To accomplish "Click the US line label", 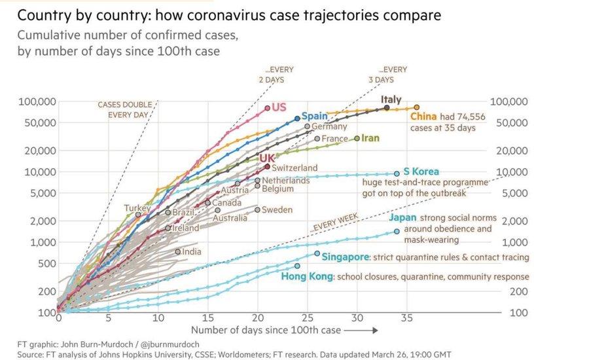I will coord(279,107).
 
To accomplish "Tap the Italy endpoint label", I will coord(391,99).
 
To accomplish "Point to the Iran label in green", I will coord(370,138).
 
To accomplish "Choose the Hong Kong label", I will coord(307,277).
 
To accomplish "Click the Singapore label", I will coord(346,257).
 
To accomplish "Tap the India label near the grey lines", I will coord(192,251).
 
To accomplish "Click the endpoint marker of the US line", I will coord(268,108).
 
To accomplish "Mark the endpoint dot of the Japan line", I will coord(397,232).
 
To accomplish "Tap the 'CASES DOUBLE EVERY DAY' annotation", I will coord(124,109).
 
